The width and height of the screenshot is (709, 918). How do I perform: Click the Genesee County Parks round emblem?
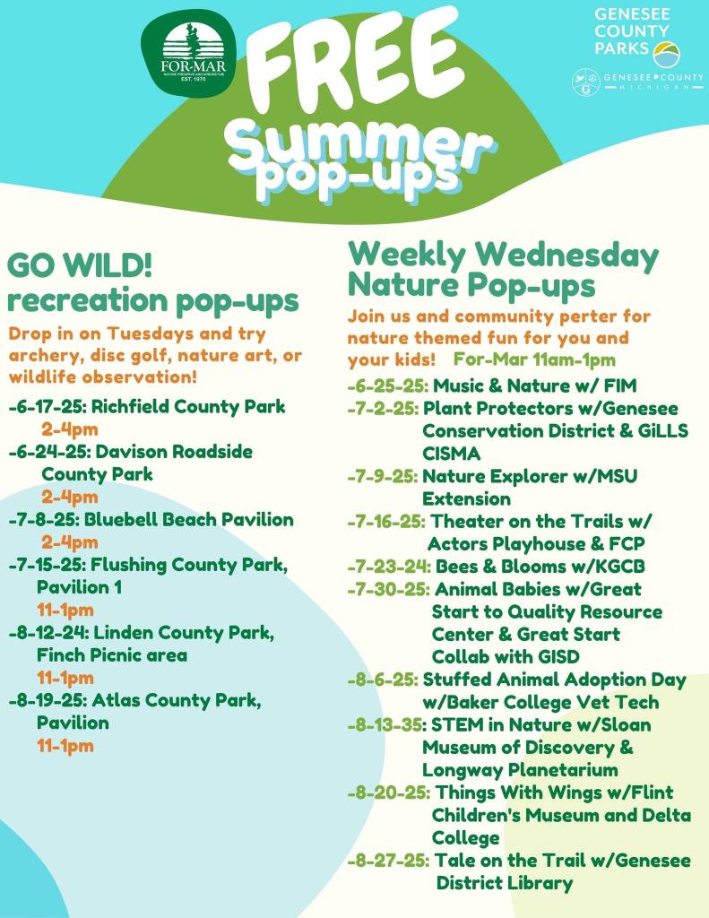point(666,54)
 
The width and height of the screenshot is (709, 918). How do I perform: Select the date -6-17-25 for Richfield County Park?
point(48,406)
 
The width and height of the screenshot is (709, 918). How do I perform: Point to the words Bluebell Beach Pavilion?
point(189,519)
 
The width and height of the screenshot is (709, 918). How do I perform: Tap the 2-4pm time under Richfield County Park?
point(69,429)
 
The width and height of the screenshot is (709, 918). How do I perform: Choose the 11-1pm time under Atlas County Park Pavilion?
point(65,746)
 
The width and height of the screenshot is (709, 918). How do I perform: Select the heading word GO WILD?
point(80,265)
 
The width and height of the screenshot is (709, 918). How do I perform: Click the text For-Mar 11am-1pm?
point(534,359)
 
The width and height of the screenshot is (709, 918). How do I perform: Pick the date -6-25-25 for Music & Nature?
point(387,385)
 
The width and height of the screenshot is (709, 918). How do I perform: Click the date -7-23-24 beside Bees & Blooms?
point(389,567)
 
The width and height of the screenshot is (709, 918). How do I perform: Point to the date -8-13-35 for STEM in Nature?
point(387,724)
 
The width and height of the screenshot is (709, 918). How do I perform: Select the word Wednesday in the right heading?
point(566,255)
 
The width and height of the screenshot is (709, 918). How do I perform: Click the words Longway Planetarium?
point(520,769)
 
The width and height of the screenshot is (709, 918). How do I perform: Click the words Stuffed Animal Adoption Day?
point(554,680)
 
